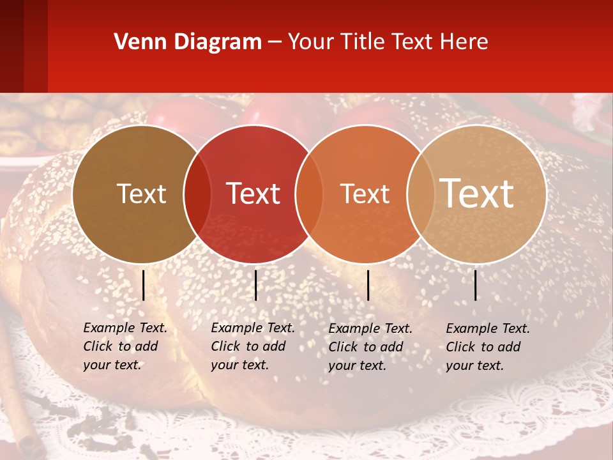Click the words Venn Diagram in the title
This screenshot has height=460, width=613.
tap(188, 42)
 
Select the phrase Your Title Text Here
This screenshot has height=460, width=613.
tap(388, 42)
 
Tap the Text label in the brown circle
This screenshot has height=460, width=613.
tap(141, 194)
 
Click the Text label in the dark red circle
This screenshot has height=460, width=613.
tap(254, 194)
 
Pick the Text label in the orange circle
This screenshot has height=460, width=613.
tap(365, 194)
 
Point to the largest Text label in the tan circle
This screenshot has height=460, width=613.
tap(477, 194)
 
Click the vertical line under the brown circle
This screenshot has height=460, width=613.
tap(143, 285)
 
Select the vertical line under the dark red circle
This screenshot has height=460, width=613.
tap(255, 285)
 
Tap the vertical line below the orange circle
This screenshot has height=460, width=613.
tap(368, 285)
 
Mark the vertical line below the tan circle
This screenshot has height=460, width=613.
tap(476, 285)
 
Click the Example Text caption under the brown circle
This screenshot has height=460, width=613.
tap(125, 346)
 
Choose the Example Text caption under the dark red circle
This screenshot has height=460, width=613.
tap(252, 346)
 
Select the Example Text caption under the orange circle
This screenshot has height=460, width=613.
tap(370, 347)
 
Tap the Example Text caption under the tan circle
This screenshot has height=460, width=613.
tap(487, 347)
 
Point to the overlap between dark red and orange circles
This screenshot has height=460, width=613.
tap(308, 194)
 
